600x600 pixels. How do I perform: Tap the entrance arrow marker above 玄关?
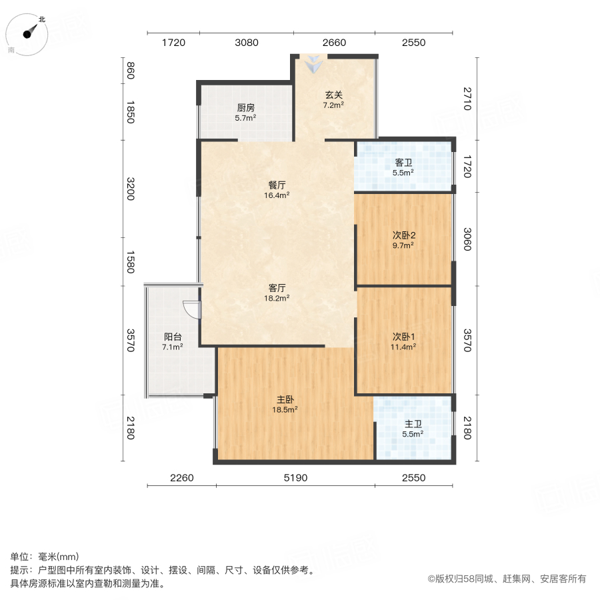pyautogui.click(x=313, y=65)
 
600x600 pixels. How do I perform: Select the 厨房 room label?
pyautogui.click(x=246, y=107)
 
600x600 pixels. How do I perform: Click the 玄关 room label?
pyautogui.click(x=333, y=95)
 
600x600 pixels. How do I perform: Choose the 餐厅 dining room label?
pyautogui.click(x=277, y=185)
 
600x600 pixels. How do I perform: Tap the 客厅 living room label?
pyautogui.click(x=277, y=287)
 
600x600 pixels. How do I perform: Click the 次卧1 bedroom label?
pyautogui.click(x=403, y=336)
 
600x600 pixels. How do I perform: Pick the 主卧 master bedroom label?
pyautogui.click(x=287, y=399)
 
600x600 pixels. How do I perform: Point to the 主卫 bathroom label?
pyautogui.click(x=413, y=423)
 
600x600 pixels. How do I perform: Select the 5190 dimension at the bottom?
pyautogui.click(x=295, y=477)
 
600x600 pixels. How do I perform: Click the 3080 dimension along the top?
pyautogui.click(x=247, y=43)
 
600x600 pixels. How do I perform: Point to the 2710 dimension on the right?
pyautogui.click(x=466, y=99)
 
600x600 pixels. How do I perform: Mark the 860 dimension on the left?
pyautogui.click(x=131, y=70)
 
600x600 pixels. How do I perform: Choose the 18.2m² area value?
pyautogui.click(x=277, y=298)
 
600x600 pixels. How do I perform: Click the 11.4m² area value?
pyautogui.click(x=403, y=347)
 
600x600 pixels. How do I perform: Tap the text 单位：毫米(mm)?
pyautogui.click(x=45, y=557)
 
